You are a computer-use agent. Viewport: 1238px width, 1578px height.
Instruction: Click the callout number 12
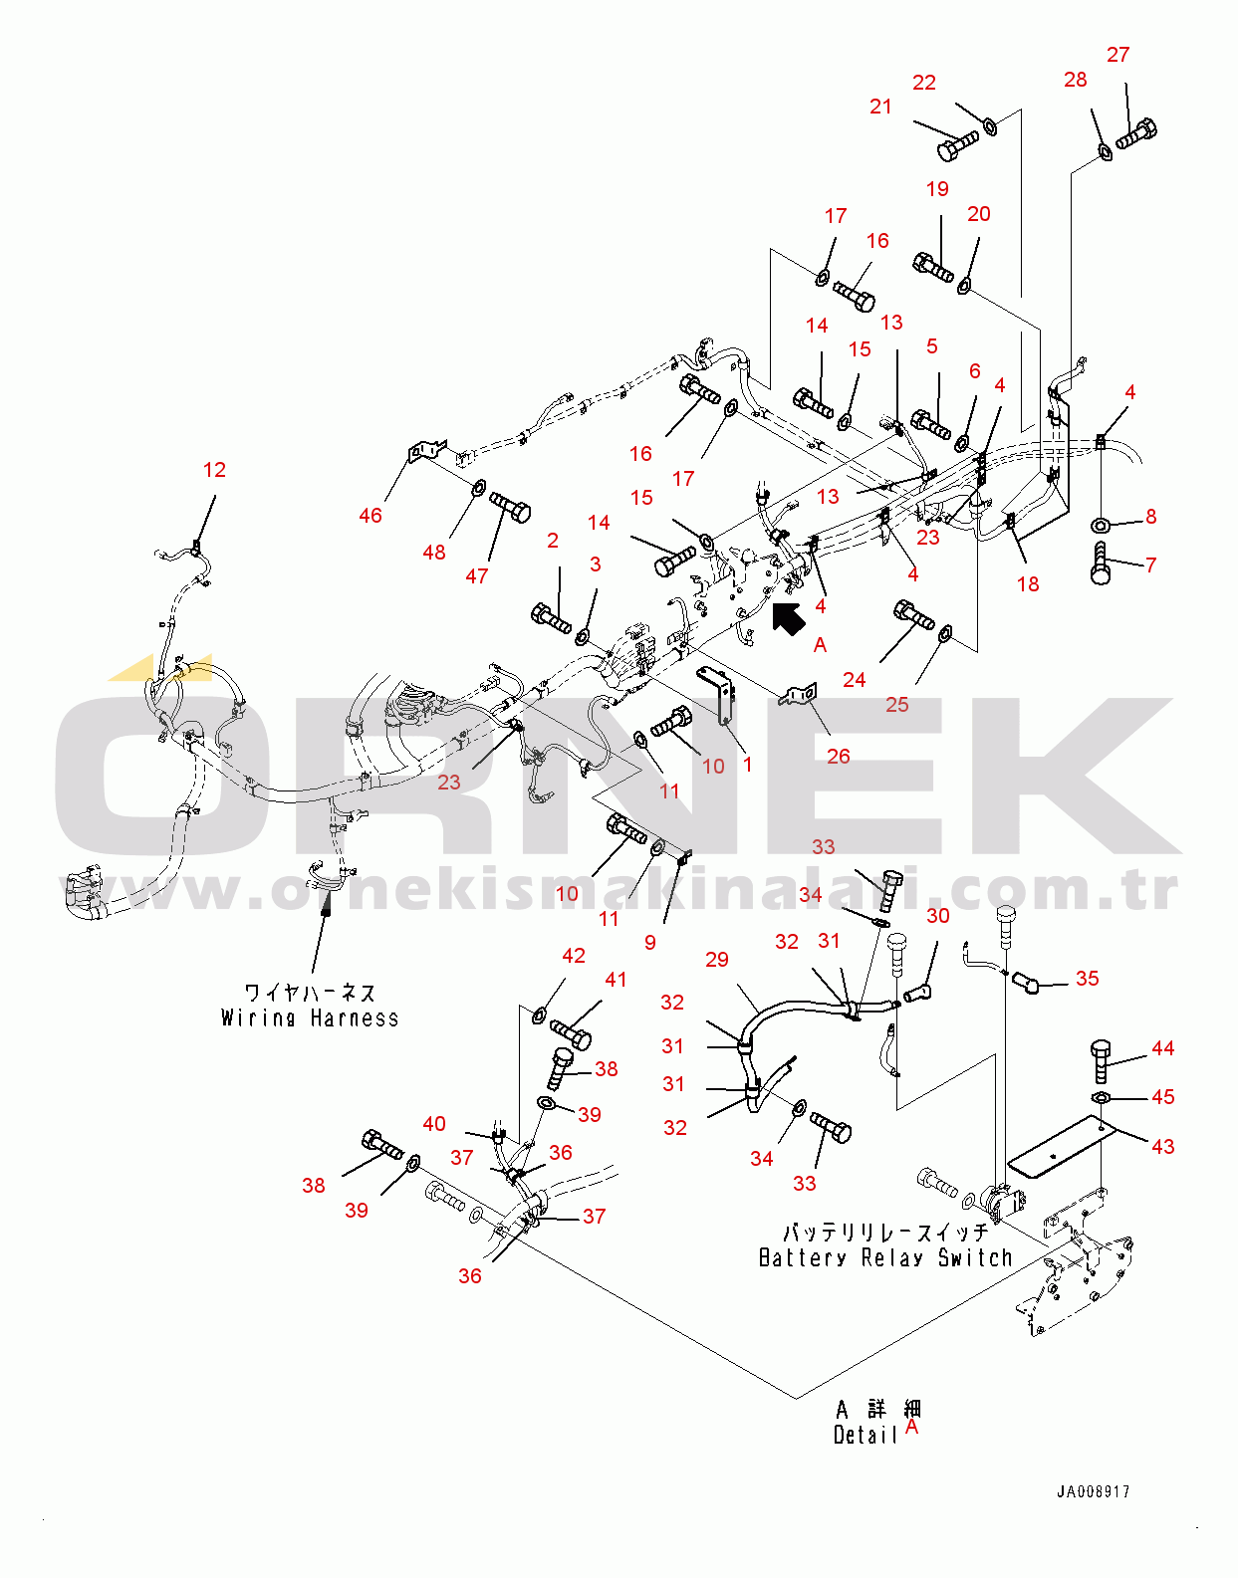coord(214,470)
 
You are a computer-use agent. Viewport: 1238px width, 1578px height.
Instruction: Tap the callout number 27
coord(1117,55)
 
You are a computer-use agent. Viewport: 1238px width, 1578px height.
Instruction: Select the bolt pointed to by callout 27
coord(1136,133)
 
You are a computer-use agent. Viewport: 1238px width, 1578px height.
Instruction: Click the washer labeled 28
coord(1105,151)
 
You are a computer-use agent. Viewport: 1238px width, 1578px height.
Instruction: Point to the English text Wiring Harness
coord(310,1018)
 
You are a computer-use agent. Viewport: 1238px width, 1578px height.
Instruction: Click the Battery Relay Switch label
coord(884,1257)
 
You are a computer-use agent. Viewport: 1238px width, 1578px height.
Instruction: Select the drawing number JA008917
coord(1093,1491)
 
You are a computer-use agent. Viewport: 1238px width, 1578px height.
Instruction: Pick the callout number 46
coord(370,516)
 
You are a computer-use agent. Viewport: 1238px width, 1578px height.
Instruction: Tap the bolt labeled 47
coord(510,509)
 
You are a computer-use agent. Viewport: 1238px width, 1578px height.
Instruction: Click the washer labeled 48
coord(478,488)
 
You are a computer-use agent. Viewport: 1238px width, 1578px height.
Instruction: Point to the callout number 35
coord(1087,979)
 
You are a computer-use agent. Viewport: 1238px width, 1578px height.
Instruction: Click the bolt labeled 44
coord(1100,1060)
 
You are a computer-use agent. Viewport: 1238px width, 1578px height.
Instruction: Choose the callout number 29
coord(716,960)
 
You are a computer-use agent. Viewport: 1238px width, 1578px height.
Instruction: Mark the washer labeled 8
coord(1101,525)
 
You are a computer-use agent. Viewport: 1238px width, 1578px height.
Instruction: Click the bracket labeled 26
coord(801,694)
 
